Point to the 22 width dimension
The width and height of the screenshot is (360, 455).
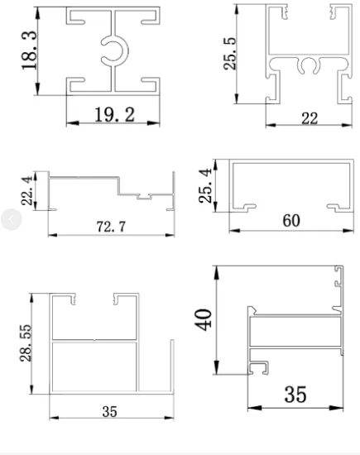(310, 118)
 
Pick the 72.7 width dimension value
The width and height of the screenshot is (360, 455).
(112, 226)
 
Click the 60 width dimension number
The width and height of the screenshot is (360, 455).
(290, 221)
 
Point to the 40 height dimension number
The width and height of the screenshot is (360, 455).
(205, 318)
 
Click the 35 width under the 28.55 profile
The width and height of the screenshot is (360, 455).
(110, 411)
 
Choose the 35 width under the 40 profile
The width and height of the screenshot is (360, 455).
(295, 395)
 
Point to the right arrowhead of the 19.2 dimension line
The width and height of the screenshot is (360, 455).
(156, 123)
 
